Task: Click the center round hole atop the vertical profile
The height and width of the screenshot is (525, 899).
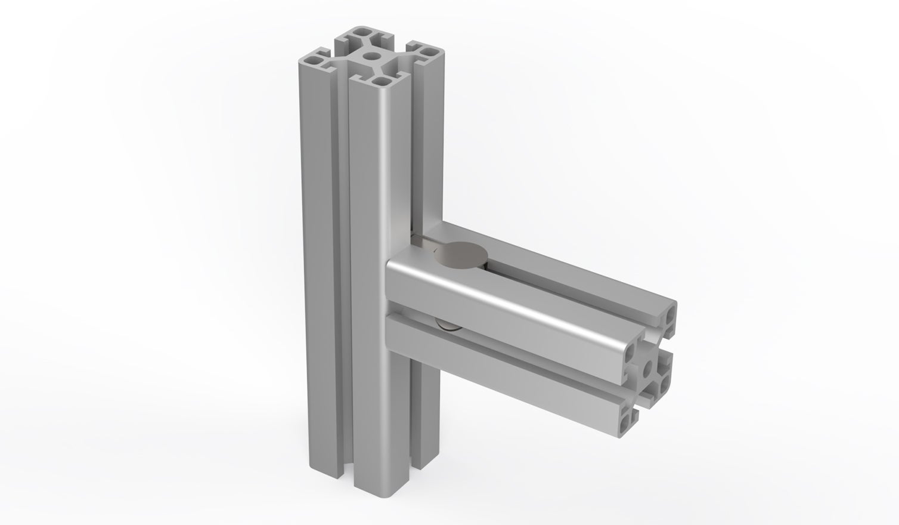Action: coord(373,57)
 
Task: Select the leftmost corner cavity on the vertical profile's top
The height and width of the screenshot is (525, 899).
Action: coord(312,60)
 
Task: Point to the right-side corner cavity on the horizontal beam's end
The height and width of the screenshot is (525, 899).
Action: coord(663,388)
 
